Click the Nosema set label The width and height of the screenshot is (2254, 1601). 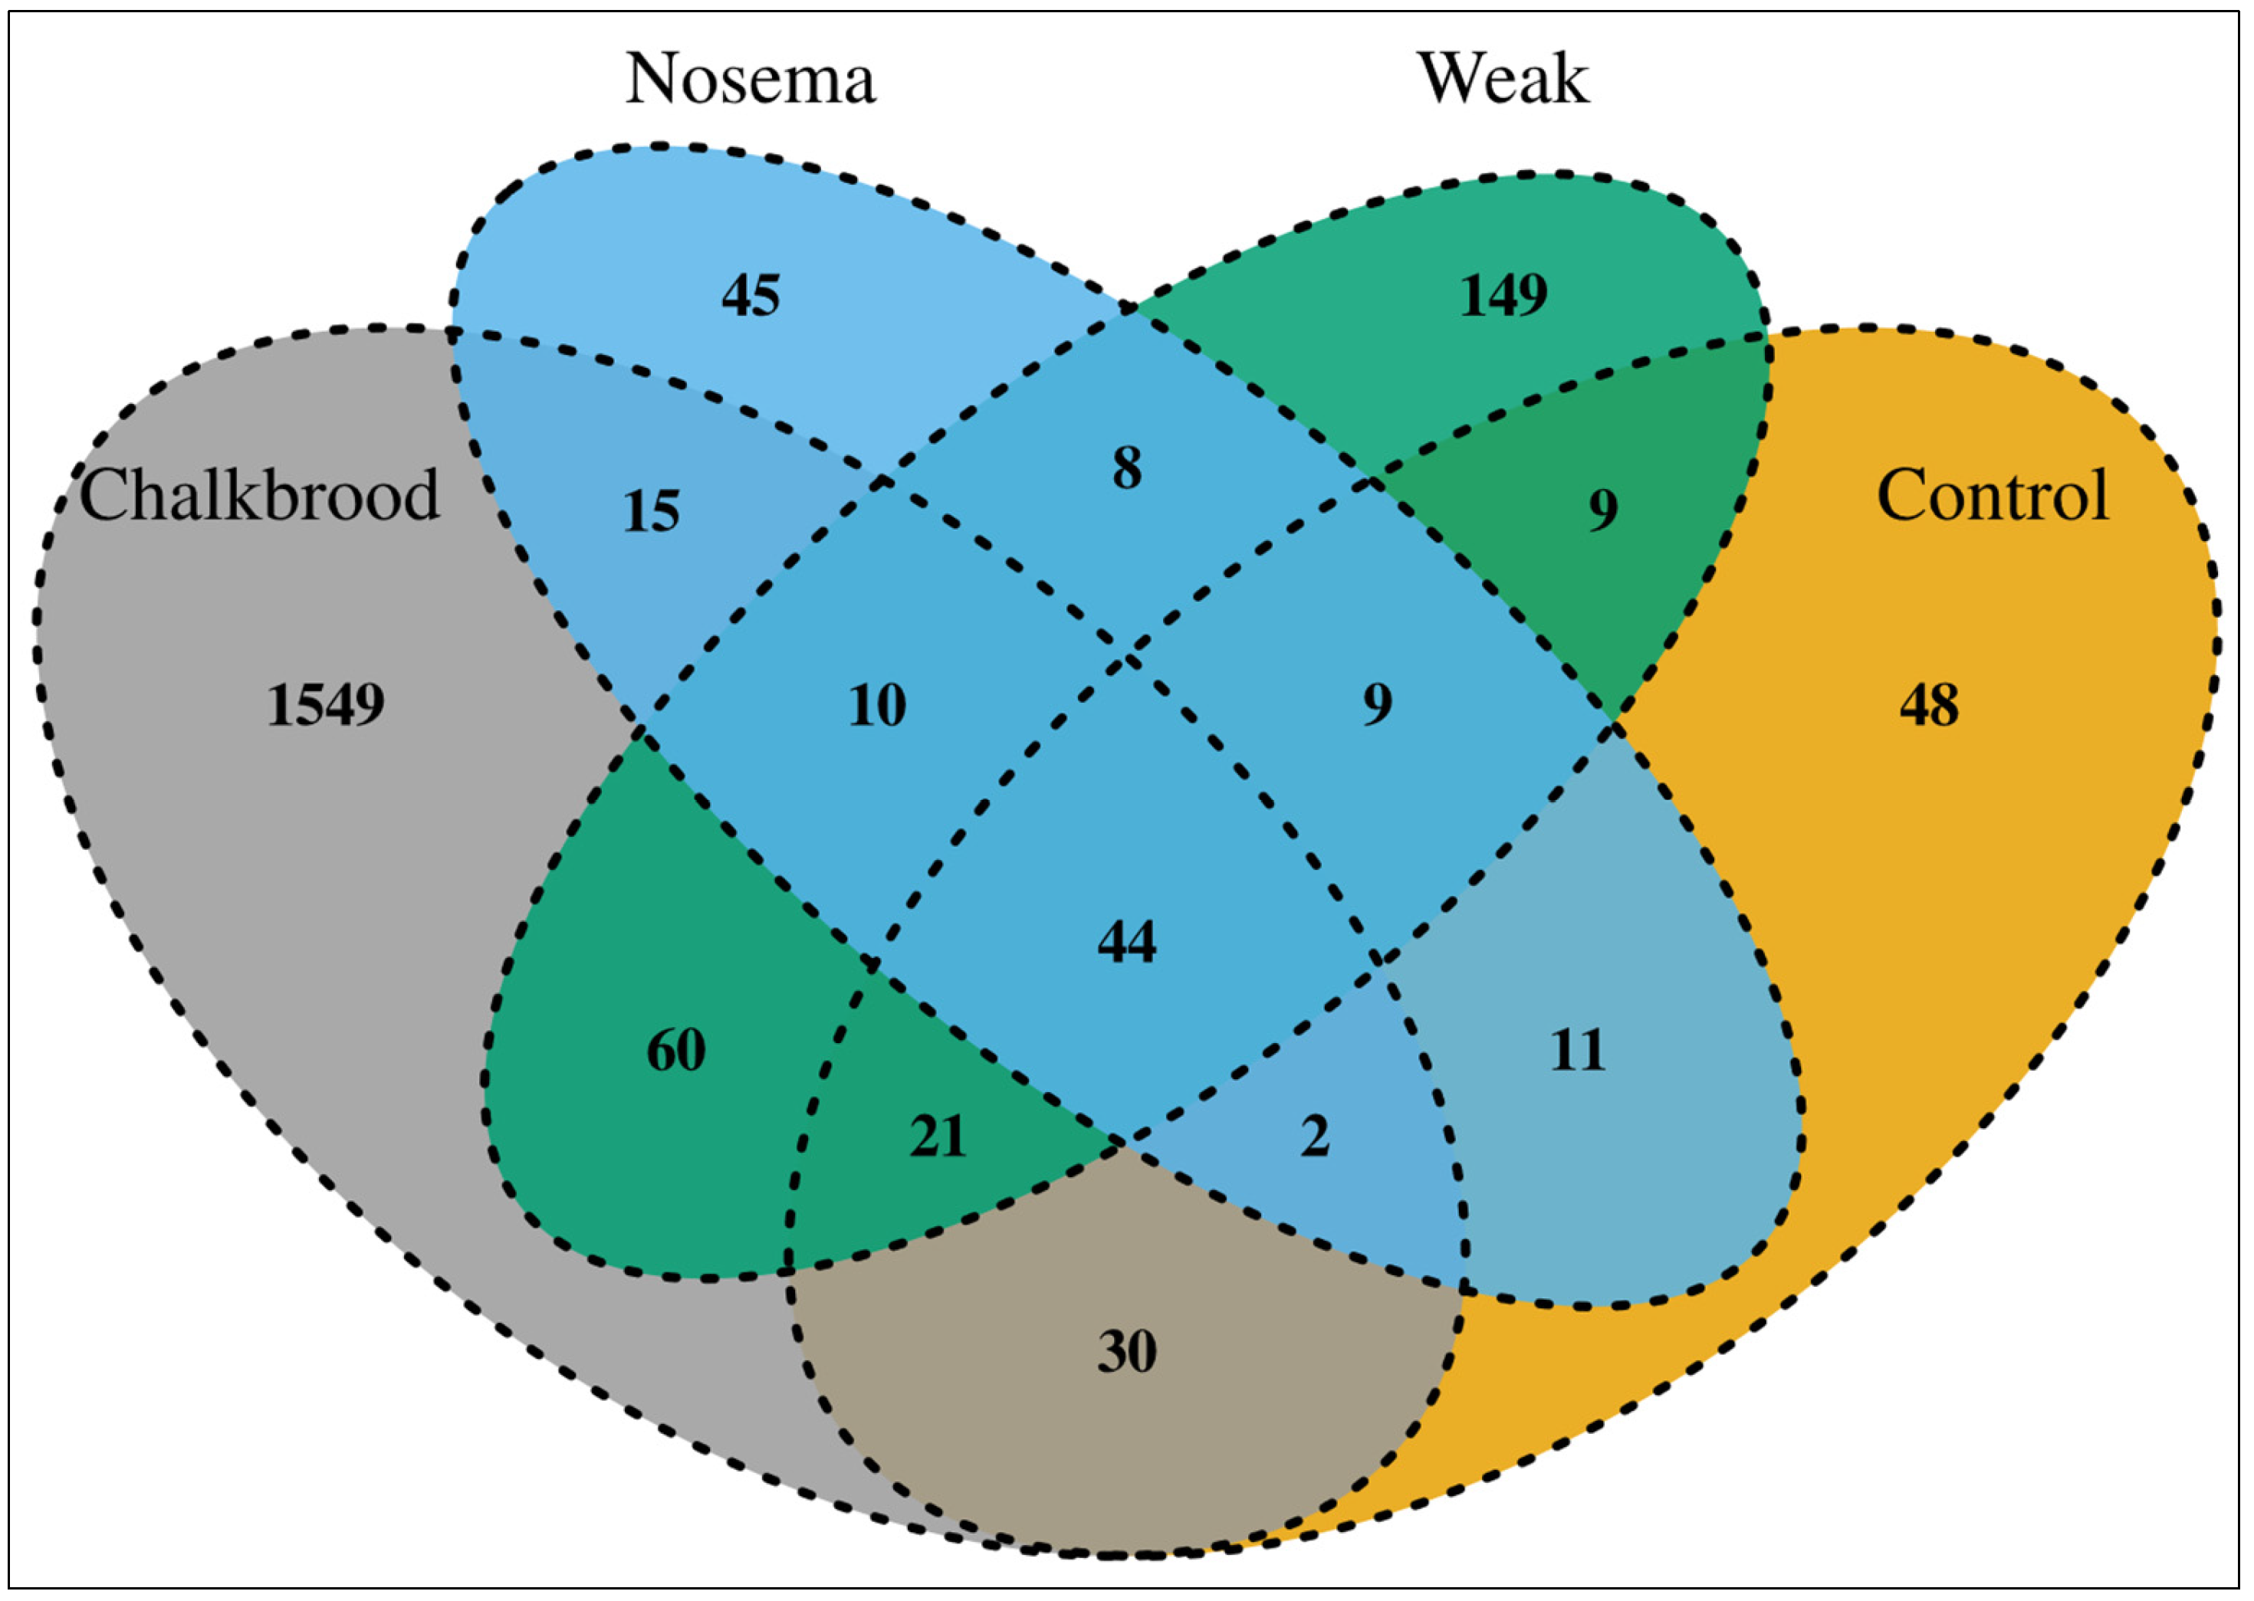coord(751,79)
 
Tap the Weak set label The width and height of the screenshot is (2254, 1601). coord(1503,79)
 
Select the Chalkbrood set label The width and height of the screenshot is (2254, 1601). coord(258,495)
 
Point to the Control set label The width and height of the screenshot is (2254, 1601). coord(1992,495)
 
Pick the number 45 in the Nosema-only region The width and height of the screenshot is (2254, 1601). coord(751,295)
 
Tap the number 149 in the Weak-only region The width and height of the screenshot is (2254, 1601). coord(1503,295)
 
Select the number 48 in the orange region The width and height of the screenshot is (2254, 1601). coord(1929,706)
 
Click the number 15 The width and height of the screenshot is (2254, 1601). coord(651,512)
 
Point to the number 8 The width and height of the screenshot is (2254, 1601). coord(1127,468)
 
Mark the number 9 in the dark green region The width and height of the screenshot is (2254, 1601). coord(1602,510)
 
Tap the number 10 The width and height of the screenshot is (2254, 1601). coord(876,706)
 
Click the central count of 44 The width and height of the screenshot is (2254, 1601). coord(1127,941)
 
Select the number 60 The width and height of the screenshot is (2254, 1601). coord(675,1050)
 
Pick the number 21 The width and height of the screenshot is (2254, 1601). coord(937,1137)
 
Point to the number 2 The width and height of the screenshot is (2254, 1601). coord(1314,1137)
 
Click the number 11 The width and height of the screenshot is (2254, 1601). coord(1578,1050)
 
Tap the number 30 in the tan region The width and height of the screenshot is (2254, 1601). coord(1127,1352)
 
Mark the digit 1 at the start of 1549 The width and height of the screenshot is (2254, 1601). coord(279,706)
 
